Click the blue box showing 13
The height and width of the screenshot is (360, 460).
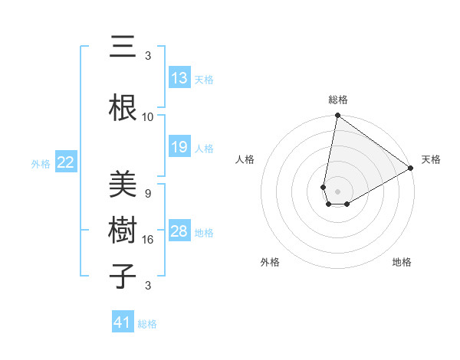coord(179,78)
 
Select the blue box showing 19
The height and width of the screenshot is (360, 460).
coord(179,147)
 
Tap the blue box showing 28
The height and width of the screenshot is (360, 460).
coord(179,231)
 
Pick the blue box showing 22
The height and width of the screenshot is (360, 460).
coord(66,162)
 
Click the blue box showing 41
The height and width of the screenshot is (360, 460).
coord(123,322)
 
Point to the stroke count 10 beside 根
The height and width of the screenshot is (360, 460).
coord(148,117)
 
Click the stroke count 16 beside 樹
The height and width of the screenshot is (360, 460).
coord(148,240)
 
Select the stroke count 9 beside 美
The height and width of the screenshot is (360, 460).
coord(148,194)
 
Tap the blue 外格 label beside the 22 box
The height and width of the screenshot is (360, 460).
coord(41,163)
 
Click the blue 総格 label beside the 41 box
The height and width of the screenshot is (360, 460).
coord(147,324)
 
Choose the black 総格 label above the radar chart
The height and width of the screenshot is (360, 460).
coord(337,100)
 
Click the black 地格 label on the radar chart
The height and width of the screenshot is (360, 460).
coord(402,262)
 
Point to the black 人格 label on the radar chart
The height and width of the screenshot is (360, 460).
coord(245,159)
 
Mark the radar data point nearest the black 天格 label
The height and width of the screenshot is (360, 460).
coord(411,169)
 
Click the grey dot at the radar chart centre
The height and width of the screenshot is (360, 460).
coord(337,190)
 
